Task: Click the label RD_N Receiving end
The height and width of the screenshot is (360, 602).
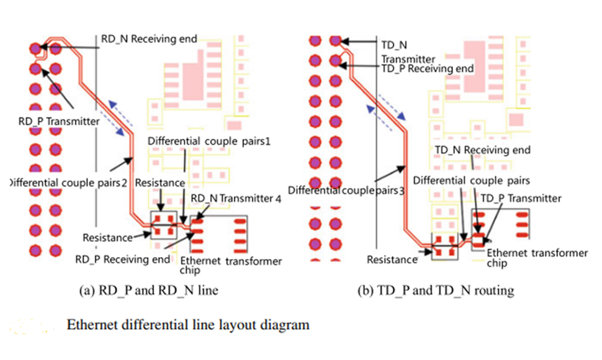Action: click(148, 39)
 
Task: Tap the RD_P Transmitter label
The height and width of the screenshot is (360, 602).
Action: click(59, 122)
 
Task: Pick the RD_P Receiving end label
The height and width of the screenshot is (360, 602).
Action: click(121, 258)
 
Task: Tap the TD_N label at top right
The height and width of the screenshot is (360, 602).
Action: click(393, 45)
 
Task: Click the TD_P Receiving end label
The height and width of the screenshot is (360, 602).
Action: click(427, 68)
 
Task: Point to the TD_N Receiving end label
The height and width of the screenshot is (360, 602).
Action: click(482, 150)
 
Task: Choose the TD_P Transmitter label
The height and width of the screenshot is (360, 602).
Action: click(520, 198)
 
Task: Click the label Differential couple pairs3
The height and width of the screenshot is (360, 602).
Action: click(346, 189)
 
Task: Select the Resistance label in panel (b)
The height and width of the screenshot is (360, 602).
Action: click(392, 259)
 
